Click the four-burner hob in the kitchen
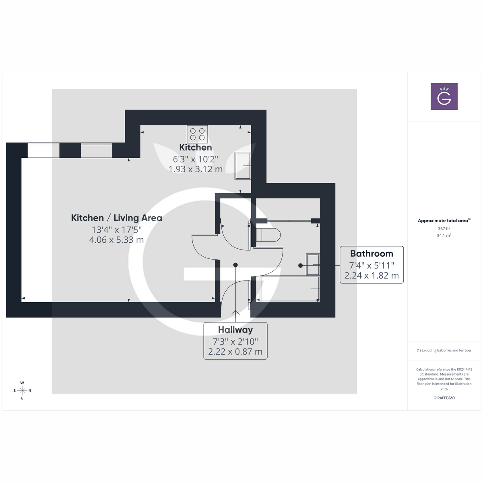tap(197, 134)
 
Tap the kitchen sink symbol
tap(243, 165)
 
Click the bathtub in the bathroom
tap(290, 289)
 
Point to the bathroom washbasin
tap(313, 264)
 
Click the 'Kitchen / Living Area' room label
tap(117, 218)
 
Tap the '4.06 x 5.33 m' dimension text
tap(117, 240)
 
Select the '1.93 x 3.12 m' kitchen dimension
tap(196, 169)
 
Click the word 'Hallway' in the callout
tap(235, 330)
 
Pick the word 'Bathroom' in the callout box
tap(372, 254)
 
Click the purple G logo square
tap(444, 97)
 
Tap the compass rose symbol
tap(22, 390)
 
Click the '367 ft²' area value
tap(444, 229)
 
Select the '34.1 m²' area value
tap(444, 235)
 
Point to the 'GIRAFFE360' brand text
tap(444, 398)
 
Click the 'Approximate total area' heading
tap(443, 221)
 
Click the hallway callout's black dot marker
tap(235, 265)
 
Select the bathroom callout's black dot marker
tap(300, 265)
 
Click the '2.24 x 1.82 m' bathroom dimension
tap(372, 276)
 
